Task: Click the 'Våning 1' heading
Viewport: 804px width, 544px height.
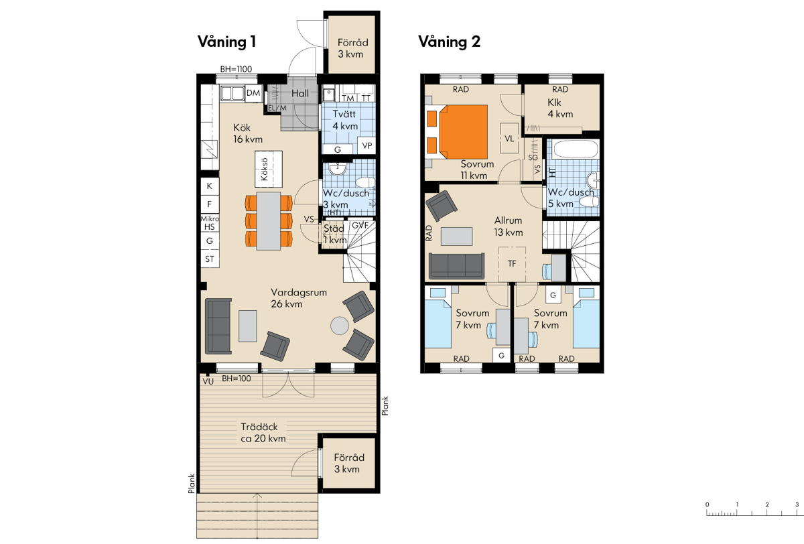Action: [227, 42]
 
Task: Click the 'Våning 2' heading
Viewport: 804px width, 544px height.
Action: [449, 42]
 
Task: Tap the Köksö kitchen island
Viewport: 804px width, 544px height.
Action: [269, 169]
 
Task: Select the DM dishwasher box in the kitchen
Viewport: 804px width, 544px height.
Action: [253, 93]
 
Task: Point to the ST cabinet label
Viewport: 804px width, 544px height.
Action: [210, 259]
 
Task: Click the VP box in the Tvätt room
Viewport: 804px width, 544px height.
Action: [366, 145]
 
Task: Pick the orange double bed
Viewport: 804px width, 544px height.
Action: [462, 132]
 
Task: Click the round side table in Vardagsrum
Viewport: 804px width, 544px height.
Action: [340, 326]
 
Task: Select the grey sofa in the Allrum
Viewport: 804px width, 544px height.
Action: [457, 266]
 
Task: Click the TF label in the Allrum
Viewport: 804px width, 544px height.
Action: [512, 264]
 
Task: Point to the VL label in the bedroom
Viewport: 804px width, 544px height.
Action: [509, 139]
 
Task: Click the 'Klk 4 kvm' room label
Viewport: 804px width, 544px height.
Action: [560, 108]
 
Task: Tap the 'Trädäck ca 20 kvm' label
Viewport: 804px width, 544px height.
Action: [263, 432]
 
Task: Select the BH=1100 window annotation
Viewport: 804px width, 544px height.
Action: [236, 69]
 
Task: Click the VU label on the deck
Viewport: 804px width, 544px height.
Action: [208, 381]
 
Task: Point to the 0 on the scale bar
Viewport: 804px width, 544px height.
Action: [707, 504]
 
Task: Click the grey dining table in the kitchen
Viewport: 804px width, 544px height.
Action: [269, 221]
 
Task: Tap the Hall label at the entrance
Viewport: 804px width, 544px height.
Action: [300, 93]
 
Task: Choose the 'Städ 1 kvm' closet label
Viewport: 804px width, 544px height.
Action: [335, 234]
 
